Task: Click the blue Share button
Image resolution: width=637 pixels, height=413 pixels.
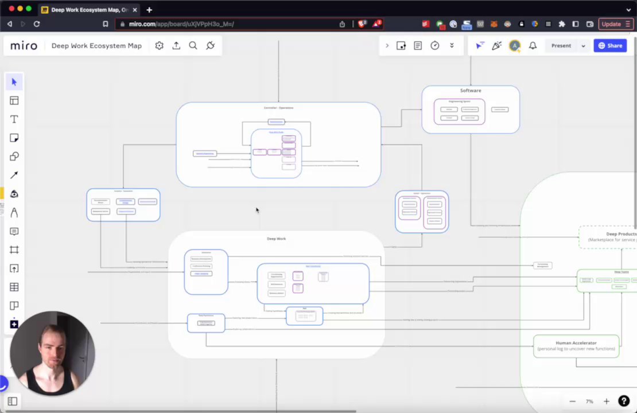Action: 610,46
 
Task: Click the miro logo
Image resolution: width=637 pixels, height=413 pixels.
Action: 24,46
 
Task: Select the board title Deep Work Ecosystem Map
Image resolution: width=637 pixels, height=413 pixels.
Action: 96,46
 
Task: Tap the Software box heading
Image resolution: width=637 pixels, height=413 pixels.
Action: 471,91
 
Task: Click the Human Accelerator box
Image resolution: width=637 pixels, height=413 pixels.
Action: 576,346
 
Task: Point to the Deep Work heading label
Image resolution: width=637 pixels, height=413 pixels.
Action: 276,239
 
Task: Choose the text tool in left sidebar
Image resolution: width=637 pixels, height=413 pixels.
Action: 14,119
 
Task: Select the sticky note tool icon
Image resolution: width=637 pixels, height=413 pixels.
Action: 14,138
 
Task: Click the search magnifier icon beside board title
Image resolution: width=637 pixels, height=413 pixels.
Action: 193,46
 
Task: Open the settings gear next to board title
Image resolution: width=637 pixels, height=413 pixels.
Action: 160,46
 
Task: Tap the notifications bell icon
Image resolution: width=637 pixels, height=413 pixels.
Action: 533,46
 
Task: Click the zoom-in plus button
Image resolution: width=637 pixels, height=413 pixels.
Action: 606,402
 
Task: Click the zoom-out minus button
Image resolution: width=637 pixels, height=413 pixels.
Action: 572,402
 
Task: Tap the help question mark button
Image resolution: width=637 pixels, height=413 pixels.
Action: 624,402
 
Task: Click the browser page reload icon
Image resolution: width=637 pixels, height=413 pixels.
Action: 37,24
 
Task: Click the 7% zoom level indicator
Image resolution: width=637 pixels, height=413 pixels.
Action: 589,402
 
